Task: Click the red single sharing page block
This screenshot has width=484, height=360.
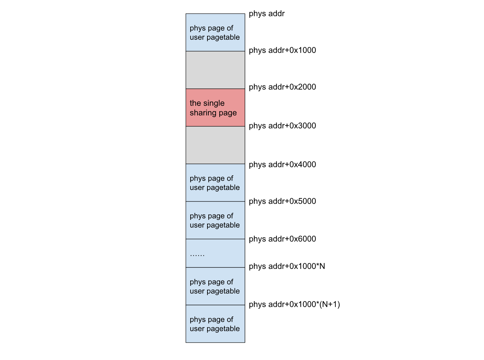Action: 215,107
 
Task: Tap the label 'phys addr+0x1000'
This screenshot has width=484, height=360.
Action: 282,50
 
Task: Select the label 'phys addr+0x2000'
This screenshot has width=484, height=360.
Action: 282,87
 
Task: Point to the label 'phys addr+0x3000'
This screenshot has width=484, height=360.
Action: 282,126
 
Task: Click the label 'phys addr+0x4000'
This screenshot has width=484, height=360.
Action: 282,164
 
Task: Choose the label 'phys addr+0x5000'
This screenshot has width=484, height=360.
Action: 282,201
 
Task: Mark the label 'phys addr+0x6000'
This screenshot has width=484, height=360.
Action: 282,239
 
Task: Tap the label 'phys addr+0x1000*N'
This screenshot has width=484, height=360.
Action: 287,266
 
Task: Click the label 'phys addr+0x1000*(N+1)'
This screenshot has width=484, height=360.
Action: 294,304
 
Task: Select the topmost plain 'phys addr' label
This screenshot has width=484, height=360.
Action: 267,14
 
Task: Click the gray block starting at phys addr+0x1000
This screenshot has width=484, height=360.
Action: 215,70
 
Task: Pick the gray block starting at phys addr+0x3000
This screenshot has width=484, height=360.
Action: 215,145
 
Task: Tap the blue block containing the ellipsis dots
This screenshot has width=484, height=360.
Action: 215,253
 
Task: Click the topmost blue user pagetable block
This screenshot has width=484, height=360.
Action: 215,32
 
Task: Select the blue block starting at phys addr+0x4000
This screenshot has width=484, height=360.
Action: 215,183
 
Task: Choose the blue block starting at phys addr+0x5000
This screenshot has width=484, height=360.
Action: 215,220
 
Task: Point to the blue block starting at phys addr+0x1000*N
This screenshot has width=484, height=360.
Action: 215,286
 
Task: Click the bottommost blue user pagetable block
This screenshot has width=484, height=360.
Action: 215,324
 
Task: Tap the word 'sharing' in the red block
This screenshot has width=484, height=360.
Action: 202,113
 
